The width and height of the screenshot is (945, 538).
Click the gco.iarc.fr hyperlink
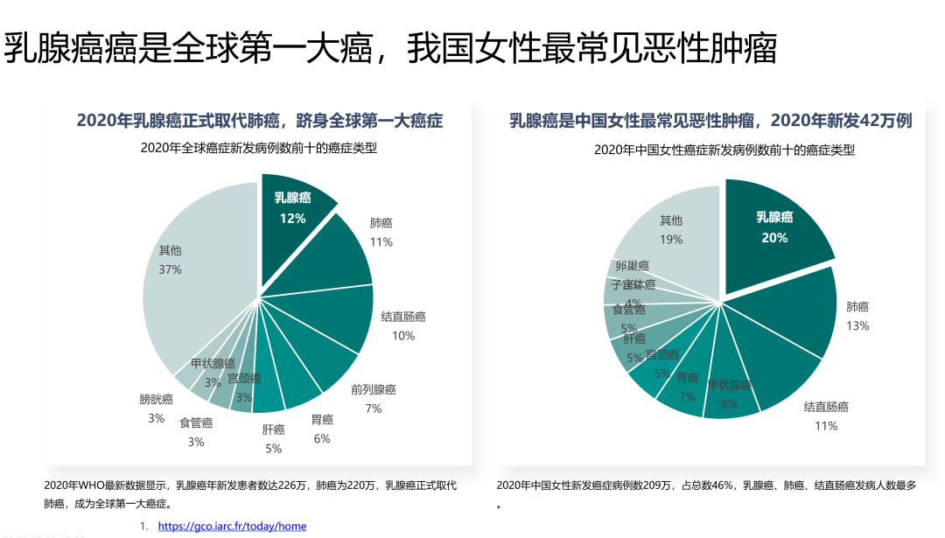coord(232,526)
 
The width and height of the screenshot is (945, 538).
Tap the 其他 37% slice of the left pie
coord(188,271)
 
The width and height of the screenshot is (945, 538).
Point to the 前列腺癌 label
coord(374,389)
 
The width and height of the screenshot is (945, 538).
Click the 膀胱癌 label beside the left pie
coord(156,399)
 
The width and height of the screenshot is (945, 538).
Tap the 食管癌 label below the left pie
coord(196,423)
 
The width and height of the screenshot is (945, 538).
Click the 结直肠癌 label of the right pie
coord(826,407)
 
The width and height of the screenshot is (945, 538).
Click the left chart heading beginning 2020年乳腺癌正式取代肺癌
coord(259,121)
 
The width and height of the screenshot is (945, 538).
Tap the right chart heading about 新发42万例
coord(710,121)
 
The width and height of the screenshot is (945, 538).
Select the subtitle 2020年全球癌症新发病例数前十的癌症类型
coord(259,148)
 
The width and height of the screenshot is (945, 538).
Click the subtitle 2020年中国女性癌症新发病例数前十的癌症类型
coord(724,150)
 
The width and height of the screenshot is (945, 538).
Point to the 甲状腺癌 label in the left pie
coord(213,364)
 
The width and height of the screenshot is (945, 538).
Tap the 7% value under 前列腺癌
coord(374,409)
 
